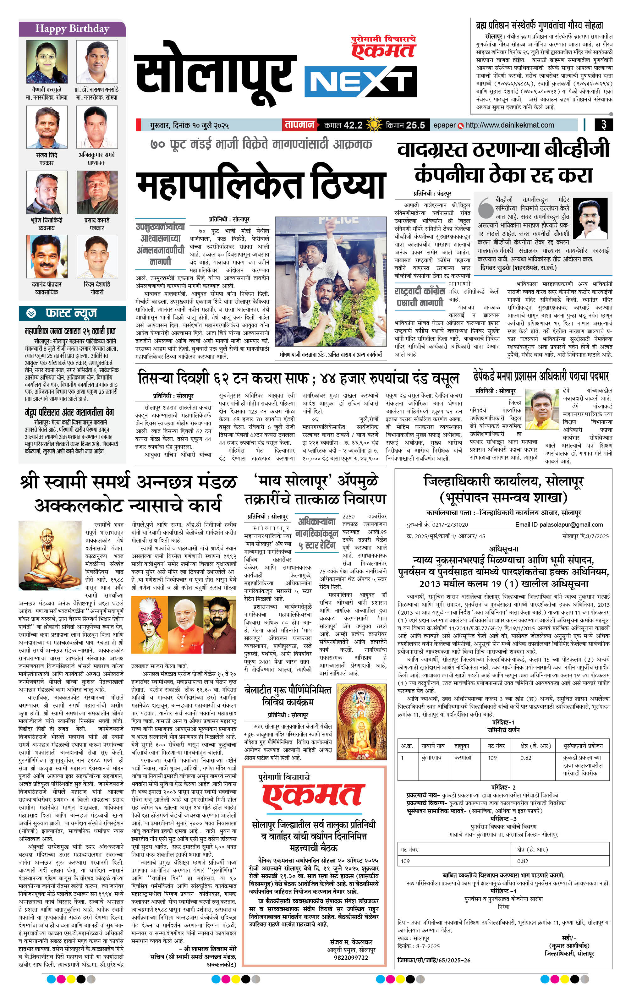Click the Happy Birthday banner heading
click(x=72, y=29)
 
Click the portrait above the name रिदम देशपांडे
click(x=97, y=257)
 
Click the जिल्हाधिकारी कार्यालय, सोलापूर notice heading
click(x=503, y=481)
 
